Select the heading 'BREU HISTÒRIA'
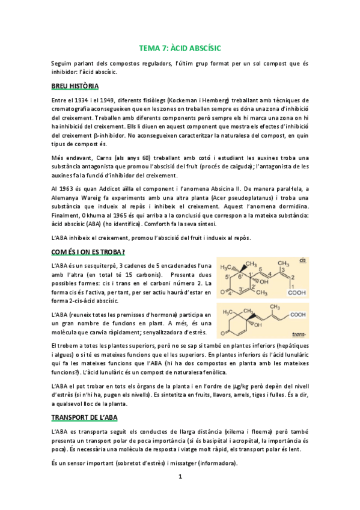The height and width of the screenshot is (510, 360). tap(75, 86)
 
